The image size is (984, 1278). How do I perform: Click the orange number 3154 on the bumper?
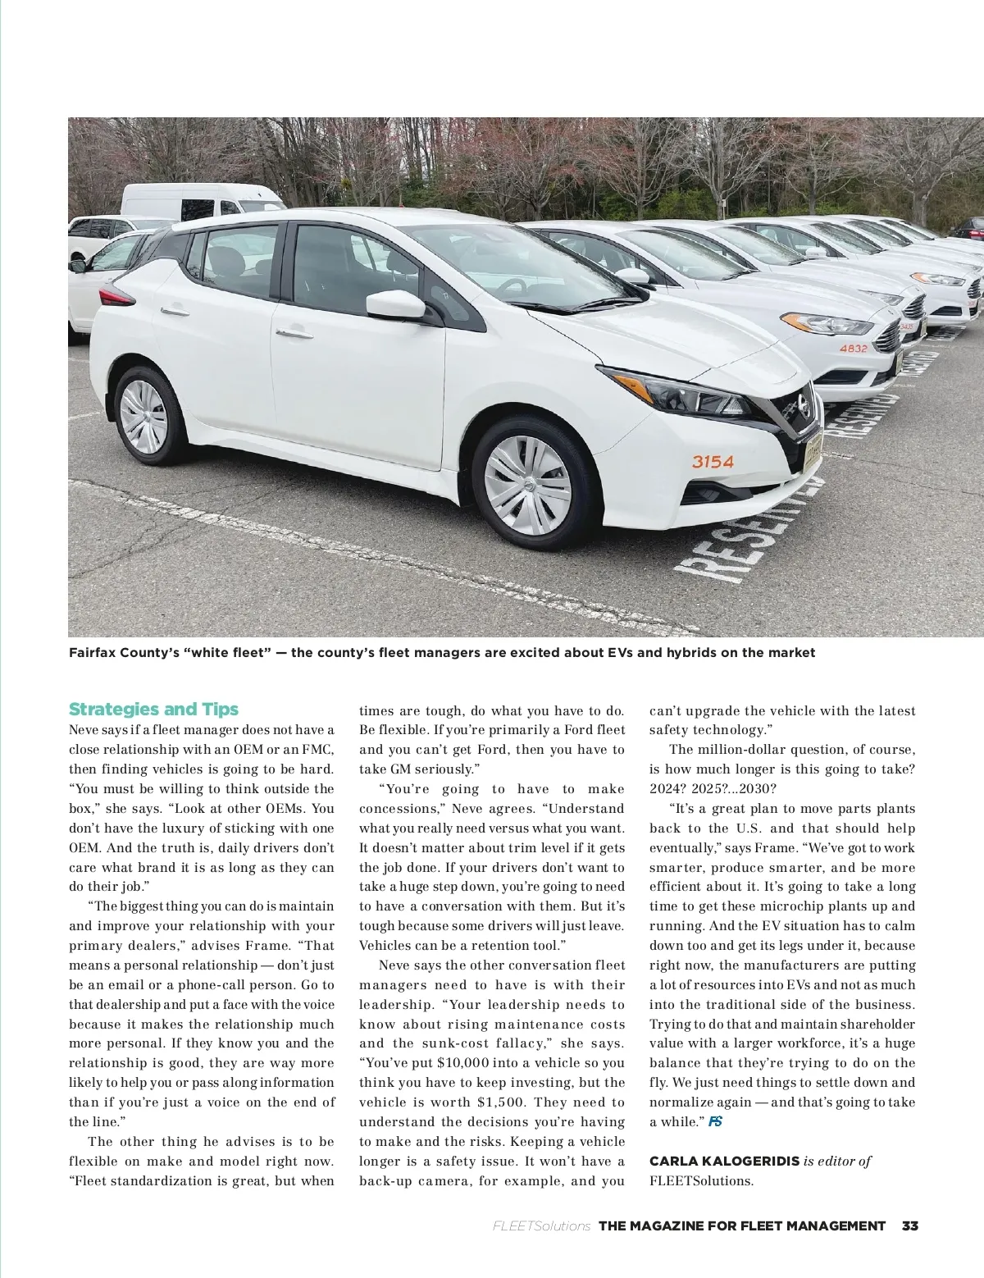713,461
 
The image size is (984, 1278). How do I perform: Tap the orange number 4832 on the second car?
853,348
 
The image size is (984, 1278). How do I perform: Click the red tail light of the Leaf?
115,296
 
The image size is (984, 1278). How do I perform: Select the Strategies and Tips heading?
153,709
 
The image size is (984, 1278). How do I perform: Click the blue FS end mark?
715,1121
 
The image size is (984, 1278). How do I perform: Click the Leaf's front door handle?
294,332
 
